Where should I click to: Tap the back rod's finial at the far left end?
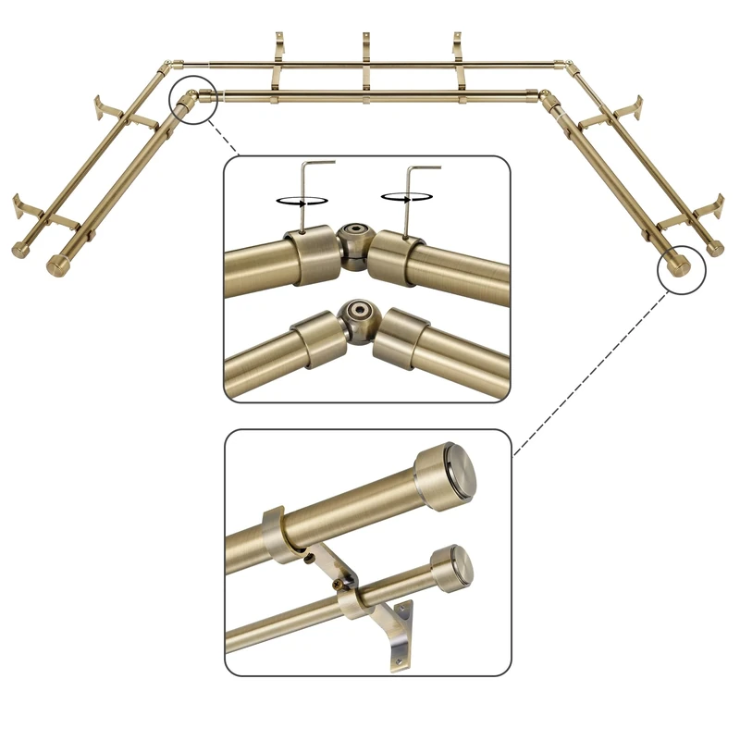[x=20, y=250]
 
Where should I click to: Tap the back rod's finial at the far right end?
[x=715, y=248]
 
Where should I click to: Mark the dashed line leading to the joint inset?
[x=228, y=139]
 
